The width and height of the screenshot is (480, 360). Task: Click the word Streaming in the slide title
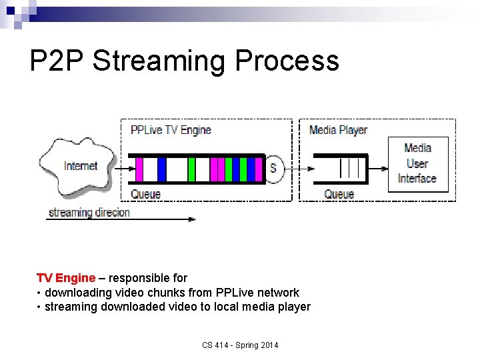161,61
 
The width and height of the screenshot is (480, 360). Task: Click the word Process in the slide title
287,61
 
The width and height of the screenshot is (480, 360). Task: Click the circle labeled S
273,168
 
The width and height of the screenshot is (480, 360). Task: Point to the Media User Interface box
417,163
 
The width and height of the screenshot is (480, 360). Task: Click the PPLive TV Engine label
171,130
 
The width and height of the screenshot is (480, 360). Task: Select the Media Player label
338,130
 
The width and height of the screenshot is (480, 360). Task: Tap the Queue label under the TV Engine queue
145,194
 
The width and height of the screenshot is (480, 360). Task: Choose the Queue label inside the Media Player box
339,194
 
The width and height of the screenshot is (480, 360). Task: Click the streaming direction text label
89,213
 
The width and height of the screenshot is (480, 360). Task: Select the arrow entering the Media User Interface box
377,169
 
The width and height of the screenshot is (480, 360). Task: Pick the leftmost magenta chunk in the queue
139,169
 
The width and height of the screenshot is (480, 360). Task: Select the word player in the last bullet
295,307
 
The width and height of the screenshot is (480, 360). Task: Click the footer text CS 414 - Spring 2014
241,345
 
